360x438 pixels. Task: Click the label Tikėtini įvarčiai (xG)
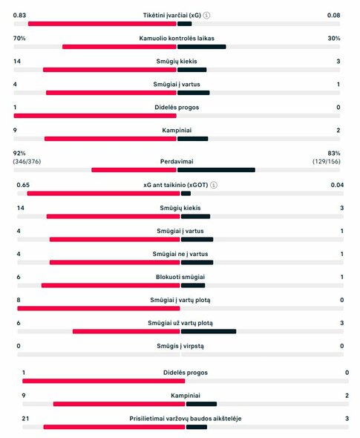click(171, 15)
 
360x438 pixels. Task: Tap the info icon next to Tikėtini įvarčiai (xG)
click(206, 15)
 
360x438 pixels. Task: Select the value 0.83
click(20, 15)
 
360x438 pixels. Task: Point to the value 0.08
click(333, 15)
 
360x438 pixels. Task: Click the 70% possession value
click(19, 38)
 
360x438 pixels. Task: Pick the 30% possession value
click(334, 38)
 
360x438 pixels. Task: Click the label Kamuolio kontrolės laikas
click(177, 38)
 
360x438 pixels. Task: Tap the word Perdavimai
click(177, 160)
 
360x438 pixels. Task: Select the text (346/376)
click(27, 161)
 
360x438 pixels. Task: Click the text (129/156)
click(327, 161)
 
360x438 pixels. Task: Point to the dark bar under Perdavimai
click(216, 169)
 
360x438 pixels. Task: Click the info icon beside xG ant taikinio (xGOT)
click(215, 185)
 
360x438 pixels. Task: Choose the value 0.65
click(23, 185)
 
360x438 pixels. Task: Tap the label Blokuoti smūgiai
click(181, 277)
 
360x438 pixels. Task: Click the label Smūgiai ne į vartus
click(181, 254)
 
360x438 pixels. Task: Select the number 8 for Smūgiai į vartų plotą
click(19, 300)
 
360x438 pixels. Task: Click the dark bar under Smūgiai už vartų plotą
click(209, 331)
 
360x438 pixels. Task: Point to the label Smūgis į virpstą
click(181, 346)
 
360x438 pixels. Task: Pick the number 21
click(25, 419)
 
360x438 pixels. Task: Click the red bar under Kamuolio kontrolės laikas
click(119, 47)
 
